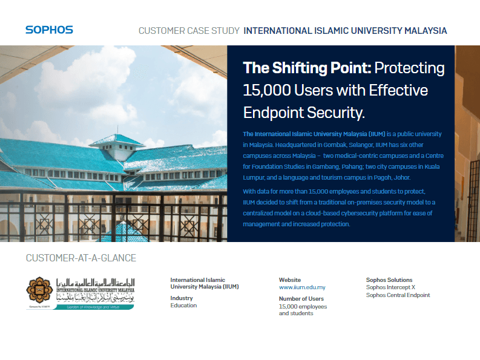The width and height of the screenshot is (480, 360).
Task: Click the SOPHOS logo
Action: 49,30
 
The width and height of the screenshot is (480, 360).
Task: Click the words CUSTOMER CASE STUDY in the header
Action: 188,30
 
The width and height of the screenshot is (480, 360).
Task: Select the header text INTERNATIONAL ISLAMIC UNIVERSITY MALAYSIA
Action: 345,30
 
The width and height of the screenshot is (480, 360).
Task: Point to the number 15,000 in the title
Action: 266,90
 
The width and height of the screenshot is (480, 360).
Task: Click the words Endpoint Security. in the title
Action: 304,113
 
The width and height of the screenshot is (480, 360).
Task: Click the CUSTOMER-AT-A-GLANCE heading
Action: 81,258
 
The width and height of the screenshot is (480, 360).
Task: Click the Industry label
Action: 182,298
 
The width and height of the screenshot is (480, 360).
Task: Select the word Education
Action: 183,306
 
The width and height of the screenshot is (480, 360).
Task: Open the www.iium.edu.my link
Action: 302,287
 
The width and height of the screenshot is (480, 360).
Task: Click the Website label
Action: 289,280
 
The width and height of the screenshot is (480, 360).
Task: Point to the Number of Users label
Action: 301,298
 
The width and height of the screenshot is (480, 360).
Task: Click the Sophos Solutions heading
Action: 389,280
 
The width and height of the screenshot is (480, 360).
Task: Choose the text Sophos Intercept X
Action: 390,287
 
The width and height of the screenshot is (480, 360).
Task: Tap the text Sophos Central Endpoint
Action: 398,295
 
